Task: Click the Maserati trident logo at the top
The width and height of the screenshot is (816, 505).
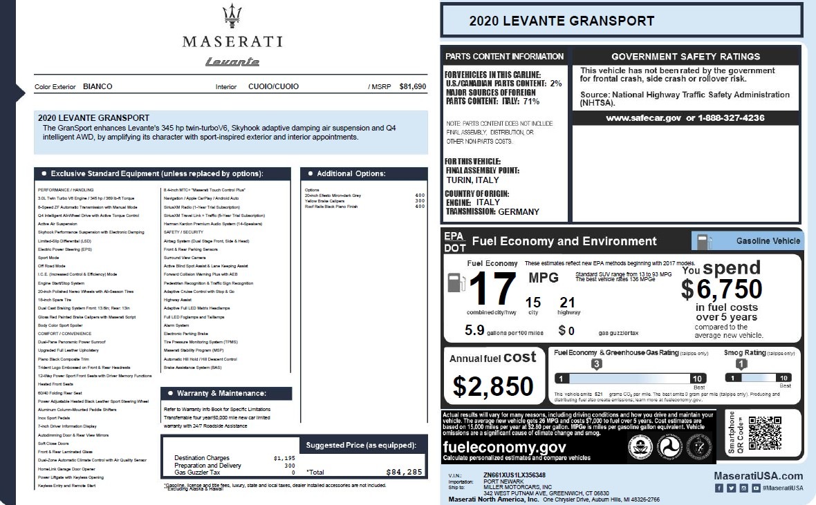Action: [232, 17]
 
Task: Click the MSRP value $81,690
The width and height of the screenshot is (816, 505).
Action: [413, 86]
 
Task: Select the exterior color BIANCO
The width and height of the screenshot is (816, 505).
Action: [98, 86]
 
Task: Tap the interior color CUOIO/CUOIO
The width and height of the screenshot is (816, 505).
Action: [274, 86]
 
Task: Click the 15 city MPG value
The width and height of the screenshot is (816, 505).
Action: [532, 302]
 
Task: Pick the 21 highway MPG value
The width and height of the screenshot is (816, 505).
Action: [567, 302]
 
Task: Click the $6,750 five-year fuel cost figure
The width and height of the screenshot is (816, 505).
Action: [722, 289]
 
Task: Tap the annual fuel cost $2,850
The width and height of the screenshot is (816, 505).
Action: [493, 385]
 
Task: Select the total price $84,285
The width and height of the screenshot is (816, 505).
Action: [404, 473]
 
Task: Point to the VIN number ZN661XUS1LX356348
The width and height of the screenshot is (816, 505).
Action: [514, 475]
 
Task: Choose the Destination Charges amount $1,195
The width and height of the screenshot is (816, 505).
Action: [284, 458]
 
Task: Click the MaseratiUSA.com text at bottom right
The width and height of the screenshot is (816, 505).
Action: [758, 475]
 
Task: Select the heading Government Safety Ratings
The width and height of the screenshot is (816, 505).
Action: [685, 57]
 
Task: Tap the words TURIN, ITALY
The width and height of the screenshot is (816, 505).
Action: [472, 180]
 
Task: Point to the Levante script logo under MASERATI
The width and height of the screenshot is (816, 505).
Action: [232, 62]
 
